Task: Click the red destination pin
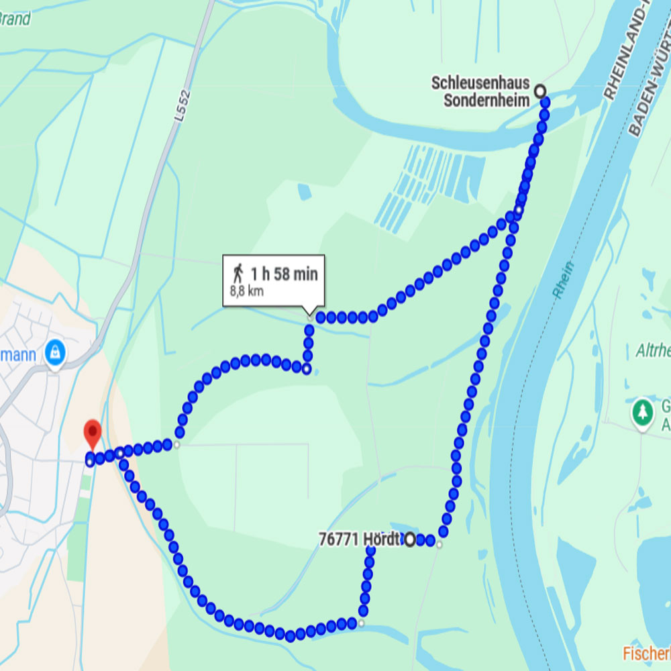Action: (x=92, y=433)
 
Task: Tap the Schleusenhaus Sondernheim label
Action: (x=480, y=92)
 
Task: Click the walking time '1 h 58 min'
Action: (x=284, y=274)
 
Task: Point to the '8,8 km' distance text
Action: (x=246, y=291)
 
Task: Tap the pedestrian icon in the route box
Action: (x=238, y=273)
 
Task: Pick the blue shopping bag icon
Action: (x=55, y=350)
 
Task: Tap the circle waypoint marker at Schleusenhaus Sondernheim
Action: (x=539, y=90)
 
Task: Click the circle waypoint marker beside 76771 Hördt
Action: (x=410, y=539)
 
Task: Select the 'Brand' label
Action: (x=15, y=19)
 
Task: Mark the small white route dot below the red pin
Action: (x=90, y=462)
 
